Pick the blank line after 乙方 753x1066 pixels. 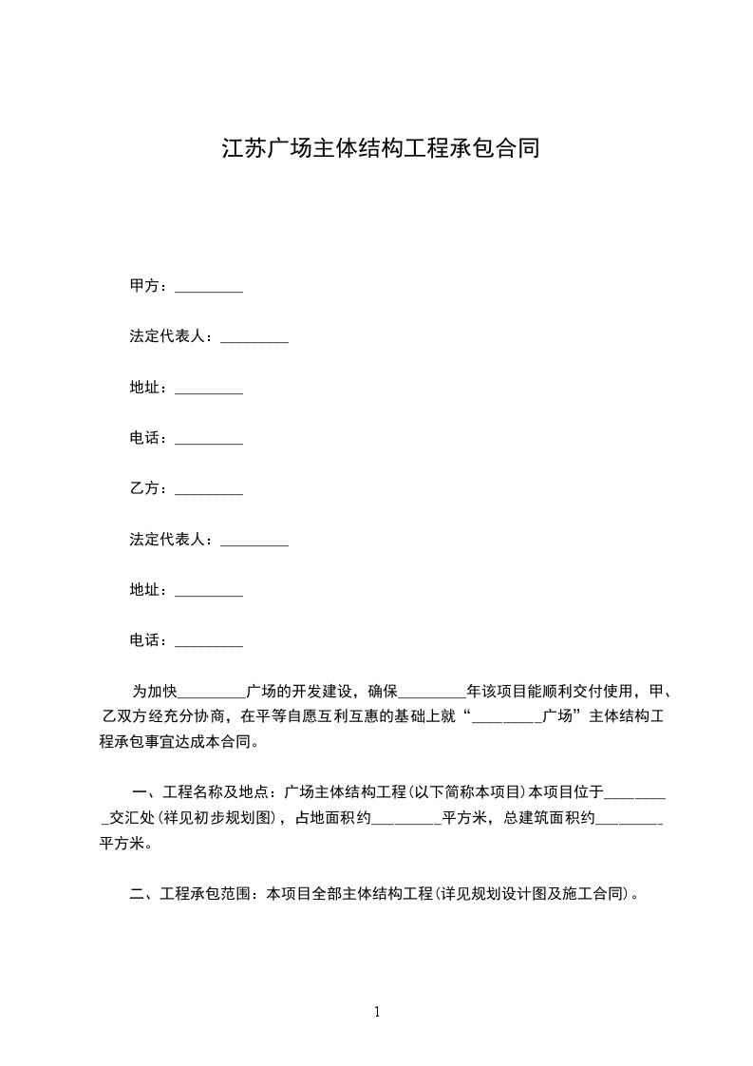210,492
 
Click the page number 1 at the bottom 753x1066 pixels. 377,1012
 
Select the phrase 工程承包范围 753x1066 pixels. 206,893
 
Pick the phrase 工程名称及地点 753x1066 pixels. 214,792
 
